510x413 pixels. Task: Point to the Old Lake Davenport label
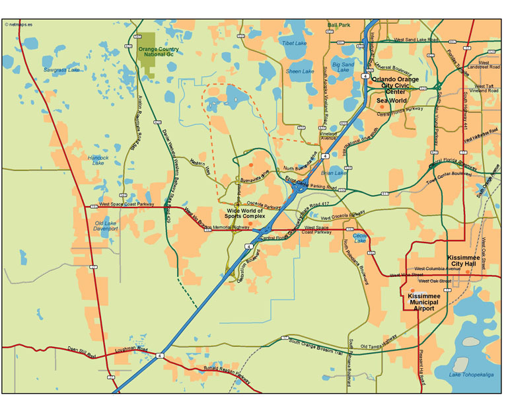click(x=105, y=226)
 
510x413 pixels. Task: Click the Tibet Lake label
click(x=295, y=44)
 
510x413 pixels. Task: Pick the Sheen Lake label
click(x=300, y=71)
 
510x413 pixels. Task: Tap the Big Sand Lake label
click(x=344, y=67)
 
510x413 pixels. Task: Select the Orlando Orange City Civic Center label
click(x=394, y=85)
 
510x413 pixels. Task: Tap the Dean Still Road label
click(x=81, y=352)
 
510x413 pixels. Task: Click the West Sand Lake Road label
click(x=416, y=40)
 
